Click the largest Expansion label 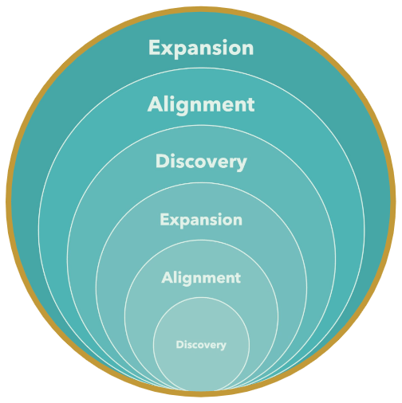click(201, 48)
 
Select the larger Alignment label click(201, 105)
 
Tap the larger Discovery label click(201, 162)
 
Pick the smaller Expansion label click(201, 220)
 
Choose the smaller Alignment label click(201, 278)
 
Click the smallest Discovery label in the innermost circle click(201, 345)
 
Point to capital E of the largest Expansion click(155, 47)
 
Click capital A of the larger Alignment click(155, 104)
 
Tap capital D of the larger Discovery click(162, 161)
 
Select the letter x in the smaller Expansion click(174, 221)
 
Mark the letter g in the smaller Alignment click(187, 280)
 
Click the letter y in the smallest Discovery click(223, 346)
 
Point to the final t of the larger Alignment click(250, 106)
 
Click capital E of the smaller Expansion click(164, 220)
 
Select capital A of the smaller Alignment click(167, 277)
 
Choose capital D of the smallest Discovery click(179, 344)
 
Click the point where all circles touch click(201, 391)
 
